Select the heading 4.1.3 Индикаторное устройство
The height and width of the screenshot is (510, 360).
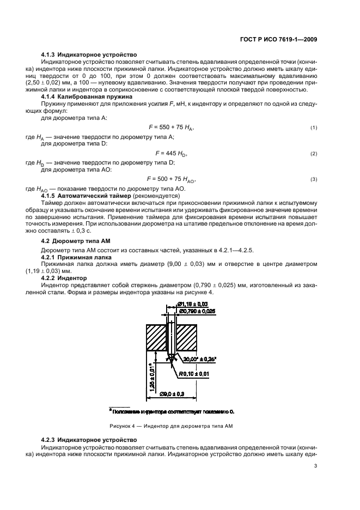(89, 55)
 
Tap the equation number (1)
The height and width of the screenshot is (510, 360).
(314, 127)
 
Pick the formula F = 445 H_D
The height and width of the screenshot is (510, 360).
(171, 154)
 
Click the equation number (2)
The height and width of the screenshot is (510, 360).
(314, 154)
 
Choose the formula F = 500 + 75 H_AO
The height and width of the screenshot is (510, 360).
(171, 179)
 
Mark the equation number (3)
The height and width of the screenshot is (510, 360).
(314, 180)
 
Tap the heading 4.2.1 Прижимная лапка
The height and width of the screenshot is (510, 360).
(77, 256)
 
